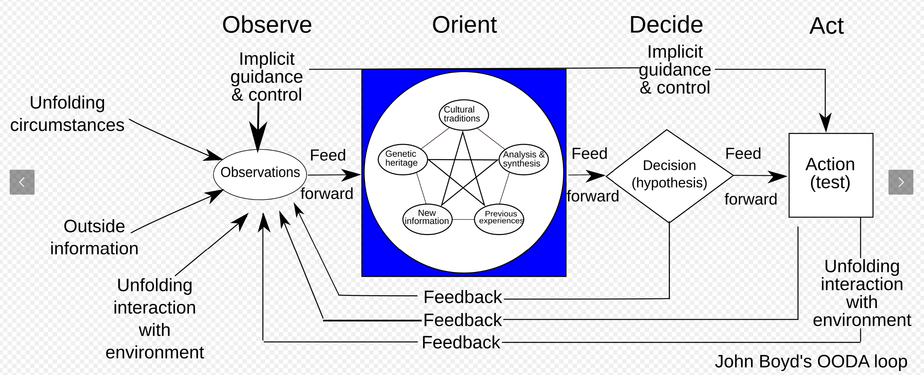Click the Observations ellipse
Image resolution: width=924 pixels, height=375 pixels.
point(260,174)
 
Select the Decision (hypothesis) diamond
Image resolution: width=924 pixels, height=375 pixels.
point(669,176)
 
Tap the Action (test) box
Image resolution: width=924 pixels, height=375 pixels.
point(831,175)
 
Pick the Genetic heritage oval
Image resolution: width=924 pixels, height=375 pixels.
point(403,159)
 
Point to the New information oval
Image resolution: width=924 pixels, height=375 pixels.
point(427,219)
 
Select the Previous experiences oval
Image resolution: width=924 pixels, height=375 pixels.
point(499,219)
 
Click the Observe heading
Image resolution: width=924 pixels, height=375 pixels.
point(267,25)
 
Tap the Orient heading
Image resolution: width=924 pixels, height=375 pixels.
point(464,25)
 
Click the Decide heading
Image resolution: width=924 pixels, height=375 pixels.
point(666,25)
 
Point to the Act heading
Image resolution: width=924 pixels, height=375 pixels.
point(826,26)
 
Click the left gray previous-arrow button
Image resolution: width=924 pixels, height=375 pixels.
point(22,182)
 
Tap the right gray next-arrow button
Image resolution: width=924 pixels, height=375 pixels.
point(901,182)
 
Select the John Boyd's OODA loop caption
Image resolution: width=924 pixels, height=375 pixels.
point(811,361)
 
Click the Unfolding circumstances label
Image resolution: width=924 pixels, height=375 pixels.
point(67,114)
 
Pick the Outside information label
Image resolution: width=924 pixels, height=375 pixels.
point(94,237)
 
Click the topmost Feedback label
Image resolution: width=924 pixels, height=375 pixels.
point(463,297)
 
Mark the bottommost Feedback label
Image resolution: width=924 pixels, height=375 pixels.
point(461,342)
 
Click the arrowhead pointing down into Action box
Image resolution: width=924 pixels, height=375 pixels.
point(825,123)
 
